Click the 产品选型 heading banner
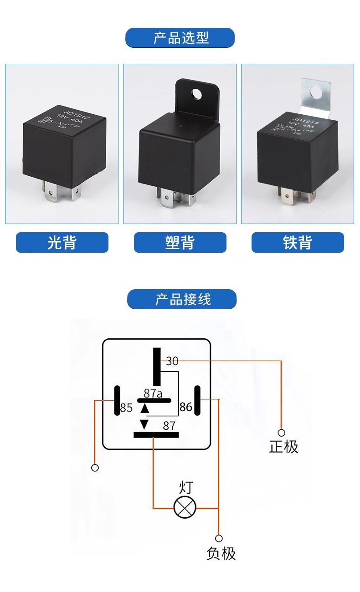[180, 38]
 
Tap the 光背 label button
[62, 242]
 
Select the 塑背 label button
[180, 242]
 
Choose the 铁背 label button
[298, 242]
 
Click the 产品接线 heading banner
[182, 299]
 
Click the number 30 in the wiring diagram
[172, 361]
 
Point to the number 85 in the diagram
[126, 408]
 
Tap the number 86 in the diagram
[185, 407]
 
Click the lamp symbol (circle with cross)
[185, 508]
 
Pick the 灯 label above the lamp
[185, 487]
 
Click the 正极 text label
[283, 447]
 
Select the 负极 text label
[221, 553]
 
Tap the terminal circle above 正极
[282, 433]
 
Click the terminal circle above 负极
[219, 538]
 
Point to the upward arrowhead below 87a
[145, 408]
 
